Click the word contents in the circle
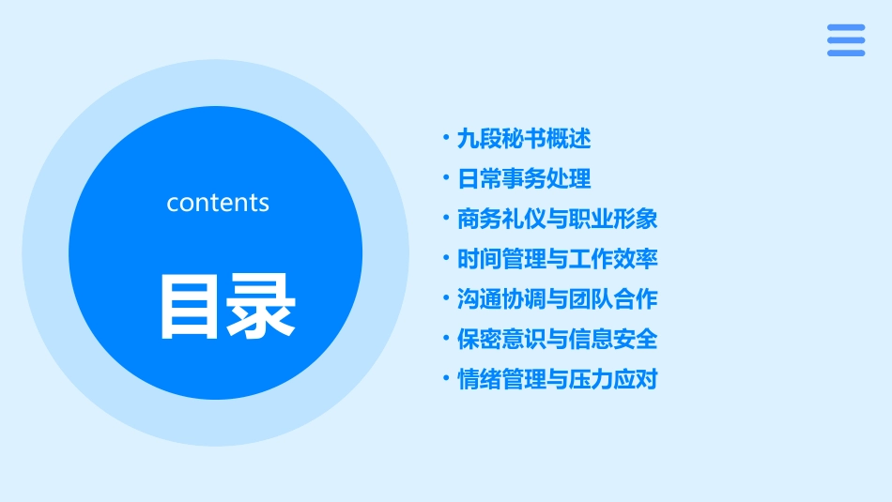pos(218,203)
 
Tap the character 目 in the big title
pos(191,306)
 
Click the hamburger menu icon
pos(845,40)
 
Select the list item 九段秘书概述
pos(523,139)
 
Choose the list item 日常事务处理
pos(523,179)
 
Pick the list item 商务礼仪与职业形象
pos(557,219)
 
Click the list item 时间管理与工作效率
pos(557,259)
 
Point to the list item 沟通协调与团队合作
pos(557,299)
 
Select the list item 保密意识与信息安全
pos(557,339)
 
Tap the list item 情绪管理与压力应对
pos(557,379)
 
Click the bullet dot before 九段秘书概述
pos(446,139)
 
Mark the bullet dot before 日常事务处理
pos(446,178)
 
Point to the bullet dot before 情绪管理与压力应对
pos(446,379)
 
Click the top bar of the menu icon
pos(845,27)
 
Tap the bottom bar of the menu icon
pos(845,53)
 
